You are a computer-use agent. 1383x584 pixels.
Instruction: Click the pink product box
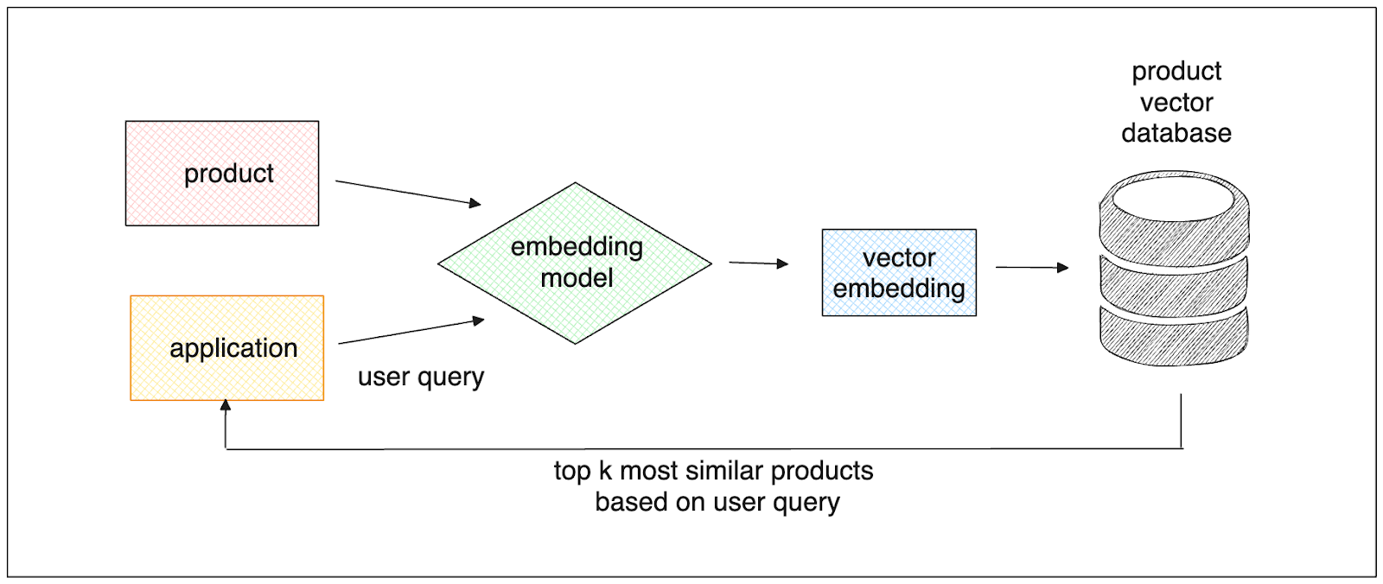coord(221,173)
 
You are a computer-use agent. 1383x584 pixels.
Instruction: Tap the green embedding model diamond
coord(575,263)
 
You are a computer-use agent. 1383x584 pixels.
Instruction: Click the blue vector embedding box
coord(899,273)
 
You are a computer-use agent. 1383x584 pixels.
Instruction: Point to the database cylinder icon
coord(1174,268)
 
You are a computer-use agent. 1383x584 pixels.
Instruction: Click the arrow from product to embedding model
coord(407,192)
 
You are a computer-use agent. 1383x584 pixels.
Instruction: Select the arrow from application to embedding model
coord(411,332)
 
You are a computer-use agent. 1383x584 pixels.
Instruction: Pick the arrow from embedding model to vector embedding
coord(758,263)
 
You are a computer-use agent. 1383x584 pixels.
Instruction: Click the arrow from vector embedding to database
coord(1031,267)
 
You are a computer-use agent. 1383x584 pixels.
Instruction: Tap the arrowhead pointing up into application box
coord(226,405)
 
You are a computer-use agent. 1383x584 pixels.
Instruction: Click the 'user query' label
coord(421,378)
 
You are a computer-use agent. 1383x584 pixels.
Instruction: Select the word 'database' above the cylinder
coord(1176,133)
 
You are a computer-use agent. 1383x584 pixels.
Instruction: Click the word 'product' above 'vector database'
coord(1176,71)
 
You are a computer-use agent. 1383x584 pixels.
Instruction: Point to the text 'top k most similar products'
coord(713,471)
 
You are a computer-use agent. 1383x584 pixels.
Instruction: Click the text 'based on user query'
coord(717,502)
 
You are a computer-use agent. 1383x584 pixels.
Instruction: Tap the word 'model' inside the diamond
coord(577,278)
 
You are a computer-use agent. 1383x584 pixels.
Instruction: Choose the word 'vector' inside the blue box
coord(899,257)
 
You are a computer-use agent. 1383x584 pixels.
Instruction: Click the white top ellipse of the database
coord(1173,198)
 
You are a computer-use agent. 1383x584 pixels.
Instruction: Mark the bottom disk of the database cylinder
coord(1173,337)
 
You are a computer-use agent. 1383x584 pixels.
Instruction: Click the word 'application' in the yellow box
coord(233,348)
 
